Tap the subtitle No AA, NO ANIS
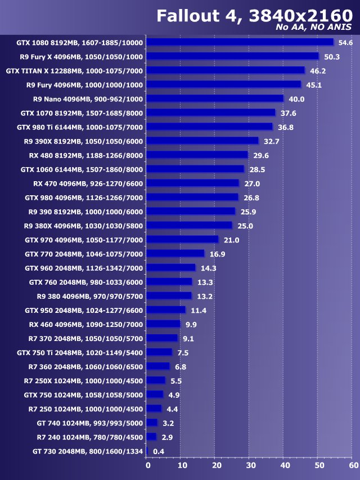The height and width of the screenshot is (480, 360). point(314,28)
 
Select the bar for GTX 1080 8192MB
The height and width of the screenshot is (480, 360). point(240,42)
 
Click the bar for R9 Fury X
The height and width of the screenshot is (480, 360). point(233,56)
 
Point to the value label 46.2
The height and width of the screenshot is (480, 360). point(318,71)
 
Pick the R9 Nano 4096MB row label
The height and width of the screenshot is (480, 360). point(88,99)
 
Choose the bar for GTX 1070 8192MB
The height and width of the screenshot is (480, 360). point(211,113)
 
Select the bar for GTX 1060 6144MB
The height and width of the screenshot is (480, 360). point(195,169)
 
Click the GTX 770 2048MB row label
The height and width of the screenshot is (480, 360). point(84,254)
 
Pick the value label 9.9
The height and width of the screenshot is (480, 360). point(191,324)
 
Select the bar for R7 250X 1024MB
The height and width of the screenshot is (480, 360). point(156,380)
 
